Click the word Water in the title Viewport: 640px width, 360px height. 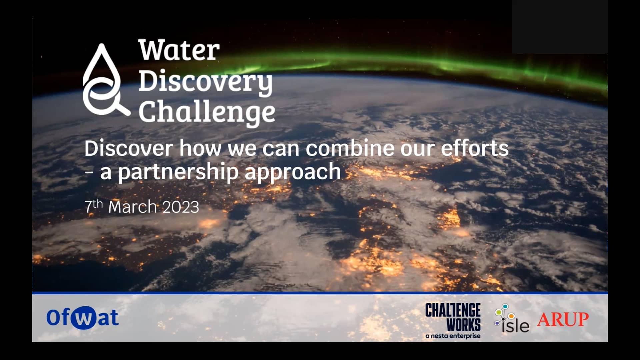click(x=179, y=51)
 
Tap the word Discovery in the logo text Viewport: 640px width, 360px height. click(x=205, y=82)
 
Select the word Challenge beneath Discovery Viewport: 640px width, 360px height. click(x=207, y=113)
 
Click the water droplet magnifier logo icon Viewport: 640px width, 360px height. click(x=103, y=82)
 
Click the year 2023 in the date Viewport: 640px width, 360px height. click(x=181, y=207)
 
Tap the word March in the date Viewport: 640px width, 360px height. click(x=132, y=207)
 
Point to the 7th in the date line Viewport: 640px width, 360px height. click(x=93, y=206)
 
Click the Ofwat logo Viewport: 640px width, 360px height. click(x=82, y=318)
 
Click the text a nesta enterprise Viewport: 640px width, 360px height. click(x=453, y=336)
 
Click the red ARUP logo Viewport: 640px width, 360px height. click(x=563, y=319)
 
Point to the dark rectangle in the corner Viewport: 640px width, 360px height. click(x=560, y=27)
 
